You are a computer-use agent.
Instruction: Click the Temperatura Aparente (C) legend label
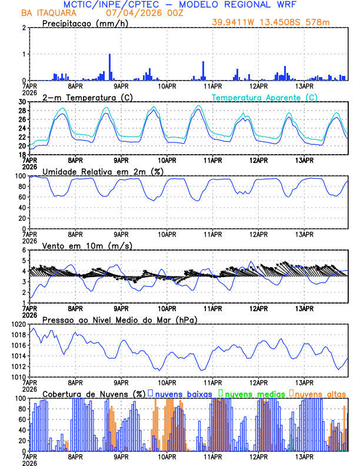(x=264, y=97)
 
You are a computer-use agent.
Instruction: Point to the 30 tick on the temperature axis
(x=23, y=102)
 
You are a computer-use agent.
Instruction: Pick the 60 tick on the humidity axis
(x=23, y=197)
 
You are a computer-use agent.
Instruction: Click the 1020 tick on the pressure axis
(x=19, y=325)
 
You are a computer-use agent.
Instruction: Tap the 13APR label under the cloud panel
(x=304, y=457)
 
